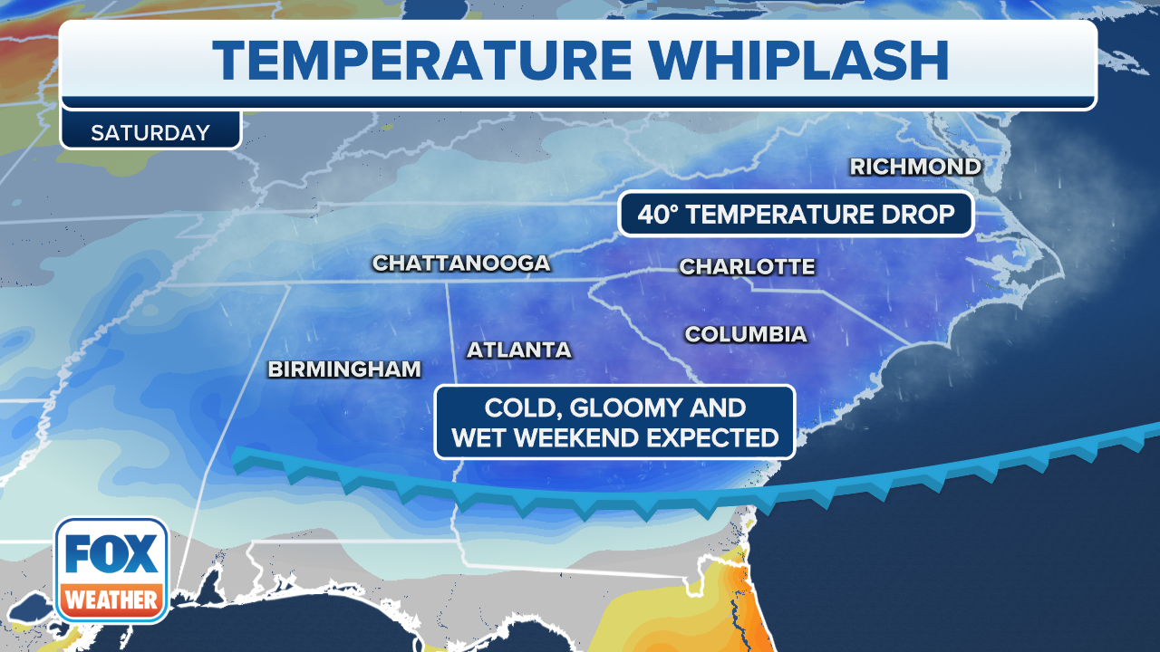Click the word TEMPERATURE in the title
pos(422,61)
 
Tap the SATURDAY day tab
pos(150,132)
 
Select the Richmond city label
pos(915,167)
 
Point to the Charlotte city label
pos(747,266)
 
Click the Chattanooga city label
pos(461,263)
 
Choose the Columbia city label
pos(745,334)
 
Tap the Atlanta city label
pos(518,350)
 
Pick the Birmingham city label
pos(344,369)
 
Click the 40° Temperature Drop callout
pos(796,215)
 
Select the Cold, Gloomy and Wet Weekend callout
pos(614,422)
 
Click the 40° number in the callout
pos(658,215)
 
